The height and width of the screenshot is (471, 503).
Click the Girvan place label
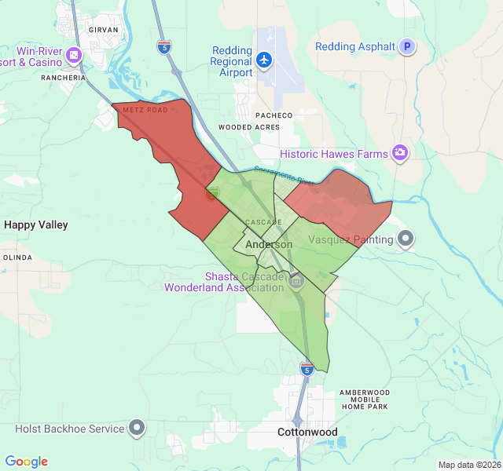pyautogui.click(x=104, y=29)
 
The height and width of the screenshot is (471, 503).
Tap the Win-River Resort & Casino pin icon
pyautogui.click(x=75, y=55)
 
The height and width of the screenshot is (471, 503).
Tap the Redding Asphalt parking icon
pyautogui.click(x=407, y=47)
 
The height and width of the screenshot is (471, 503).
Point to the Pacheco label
pyautogui.click(x=274, y=115)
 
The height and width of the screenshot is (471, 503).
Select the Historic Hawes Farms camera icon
pyautogui.click(x=400, y=152)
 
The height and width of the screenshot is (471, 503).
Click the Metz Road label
pyautogui.click(x=145, y=110)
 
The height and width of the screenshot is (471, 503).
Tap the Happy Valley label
pyautogui.click(x=36, y=225)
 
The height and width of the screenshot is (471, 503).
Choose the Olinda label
pyautogui.click(x=17, y=257)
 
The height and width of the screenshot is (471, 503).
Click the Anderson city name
pyautogui.click(x=269, y=245)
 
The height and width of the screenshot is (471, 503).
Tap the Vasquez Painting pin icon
pyautogui.click(x=406, y=238)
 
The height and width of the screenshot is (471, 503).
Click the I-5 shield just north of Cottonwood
pyautogui.click(x=307, y=367)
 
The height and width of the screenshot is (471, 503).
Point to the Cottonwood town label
pyautogui.click(x=307, y=433)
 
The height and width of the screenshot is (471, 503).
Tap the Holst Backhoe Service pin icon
pyautogui.click(x=138, y=428)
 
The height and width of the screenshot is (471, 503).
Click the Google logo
pyautogui.click(x=26, y=462)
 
